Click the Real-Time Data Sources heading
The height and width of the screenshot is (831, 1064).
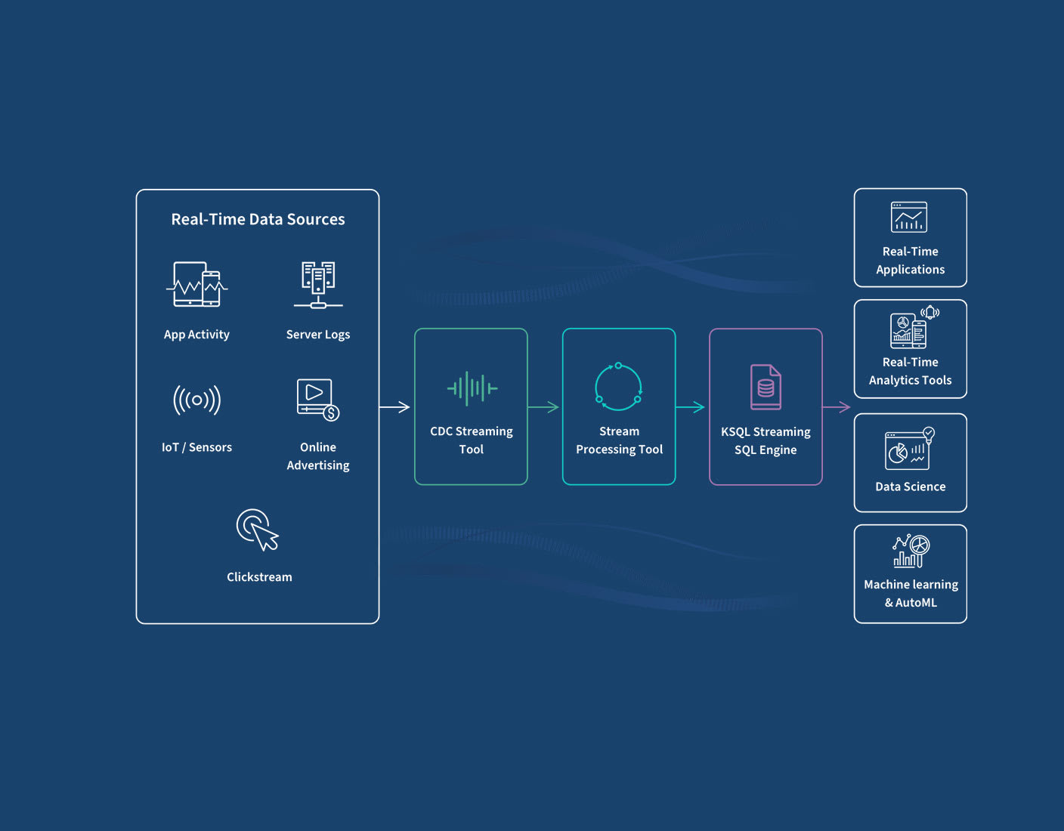coord(258,219)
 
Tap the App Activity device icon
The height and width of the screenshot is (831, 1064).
coord(196,284)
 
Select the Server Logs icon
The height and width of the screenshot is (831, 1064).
coord(318,285)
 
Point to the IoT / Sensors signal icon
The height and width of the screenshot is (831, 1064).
coord(196,400)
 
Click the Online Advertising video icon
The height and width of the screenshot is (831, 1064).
coord(317,399)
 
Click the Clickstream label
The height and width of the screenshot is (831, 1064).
coord(259,577)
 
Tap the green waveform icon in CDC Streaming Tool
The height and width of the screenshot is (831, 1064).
coord(472,388)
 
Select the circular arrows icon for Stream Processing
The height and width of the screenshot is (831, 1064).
coord(618,388)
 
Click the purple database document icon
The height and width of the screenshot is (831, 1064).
coord(766,387)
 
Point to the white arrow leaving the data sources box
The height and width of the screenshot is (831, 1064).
coord(394,407)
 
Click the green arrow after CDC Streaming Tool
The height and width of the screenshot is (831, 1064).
coord(543,407)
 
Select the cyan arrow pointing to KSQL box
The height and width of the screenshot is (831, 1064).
coord(690,407)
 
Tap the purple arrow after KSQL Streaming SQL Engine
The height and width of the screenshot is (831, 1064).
coord(836,407)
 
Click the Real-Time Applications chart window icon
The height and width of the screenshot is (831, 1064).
coord(909,218)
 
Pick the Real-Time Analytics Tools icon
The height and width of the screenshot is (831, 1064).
coord(913,327)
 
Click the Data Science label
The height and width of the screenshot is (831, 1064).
coord(910,487)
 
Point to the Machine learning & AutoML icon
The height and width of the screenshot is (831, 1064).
coord(911,551)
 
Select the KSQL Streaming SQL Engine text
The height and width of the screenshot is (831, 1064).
coord(766,440)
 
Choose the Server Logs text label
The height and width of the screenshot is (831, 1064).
coord(318,335)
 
